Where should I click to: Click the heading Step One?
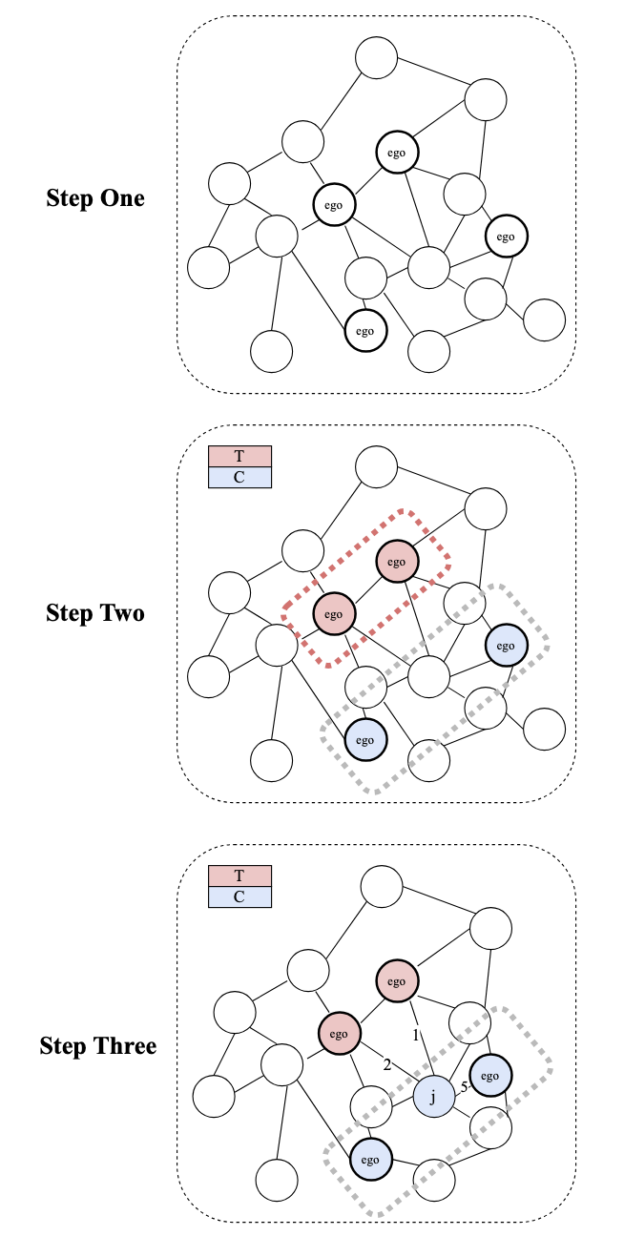pyautogui.click(x=95, y=198)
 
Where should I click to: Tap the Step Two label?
pyautogui.click(x=95, y=612)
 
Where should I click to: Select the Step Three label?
pyautogui.click(x=97, y=1045)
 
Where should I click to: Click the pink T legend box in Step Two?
pyautogui.click(x=239, y=456)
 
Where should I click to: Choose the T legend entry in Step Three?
pyautogui.click(x=239, y=875)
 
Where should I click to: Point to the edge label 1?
pyautogui.click(x=415, y=1035)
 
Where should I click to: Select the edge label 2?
pyautogui.click(x=387, y=1065)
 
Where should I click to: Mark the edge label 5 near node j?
pyautogui.click(x=465, y=1086)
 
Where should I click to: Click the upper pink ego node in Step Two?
pyautogui.click(x=397, y=562)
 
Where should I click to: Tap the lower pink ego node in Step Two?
pyautogui.click(x=333, y=614)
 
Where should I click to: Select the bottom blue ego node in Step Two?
pyautogui.click(x=364, y=739)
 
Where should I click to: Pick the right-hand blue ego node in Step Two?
pyautogui.click(x=506, y=646)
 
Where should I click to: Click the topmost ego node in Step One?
pyautogui.click(x=397, y=152)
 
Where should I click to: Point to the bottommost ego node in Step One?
pyautogui.click(x=364, y=331)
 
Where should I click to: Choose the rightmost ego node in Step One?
pyautogui.click(x=506, y=236)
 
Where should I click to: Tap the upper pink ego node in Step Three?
pyautogui.click(x=397, y=981)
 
